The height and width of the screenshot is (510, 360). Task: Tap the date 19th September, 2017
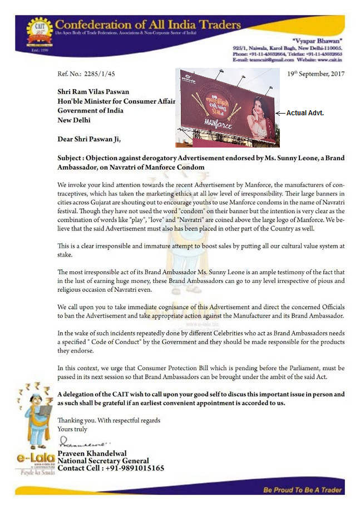tap(316, 73)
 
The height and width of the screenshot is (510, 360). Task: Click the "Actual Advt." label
tap(305, 113)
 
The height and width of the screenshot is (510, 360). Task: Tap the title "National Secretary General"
tap(103, 461)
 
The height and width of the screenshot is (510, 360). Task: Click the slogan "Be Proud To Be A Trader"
tap(303, 490)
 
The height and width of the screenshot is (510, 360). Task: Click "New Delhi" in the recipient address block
tap(74, 120)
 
